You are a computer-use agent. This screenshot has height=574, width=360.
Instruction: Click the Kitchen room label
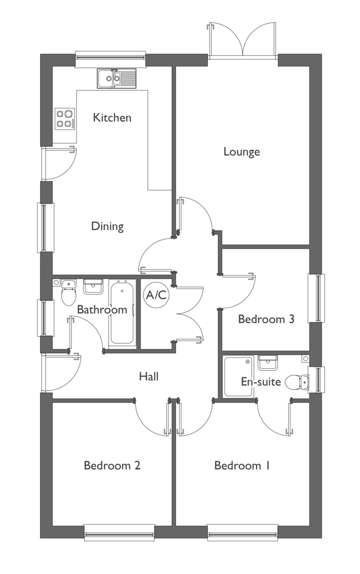(112, 118)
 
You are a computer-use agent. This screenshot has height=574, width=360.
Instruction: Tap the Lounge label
(242, 152)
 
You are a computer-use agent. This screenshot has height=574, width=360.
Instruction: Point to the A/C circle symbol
(156, 295)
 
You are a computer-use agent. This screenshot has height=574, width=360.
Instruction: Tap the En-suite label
(261, 382)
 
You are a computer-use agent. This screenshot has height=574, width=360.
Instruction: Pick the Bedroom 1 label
(242, 465)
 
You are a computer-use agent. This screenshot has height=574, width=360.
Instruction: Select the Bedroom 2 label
(112, 465)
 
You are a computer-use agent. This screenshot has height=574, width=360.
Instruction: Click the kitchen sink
(116, 78)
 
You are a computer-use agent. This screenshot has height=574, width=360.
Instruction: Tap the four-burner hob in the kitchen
(65, 119)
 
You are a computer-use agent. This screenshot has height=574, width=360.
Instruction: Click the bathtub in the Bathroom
(122, 314)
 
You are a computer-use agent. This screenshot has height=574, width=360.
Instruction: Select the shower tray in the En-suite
(239, 377)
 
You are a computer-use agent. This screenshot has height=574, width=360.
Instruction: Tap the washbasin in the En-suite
(268, 363)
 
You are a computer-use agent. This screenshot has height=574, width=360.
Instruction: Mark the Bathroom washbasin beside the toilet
(93, 287)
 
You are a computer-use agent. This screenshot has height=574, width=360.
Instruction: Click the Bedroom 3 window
(316, 298)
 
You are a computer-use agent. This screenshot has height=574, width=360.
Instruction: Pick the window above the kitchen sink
(110, 60)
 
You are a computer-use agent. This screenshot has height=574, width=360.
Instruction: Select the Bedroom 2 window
(120, 532)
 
